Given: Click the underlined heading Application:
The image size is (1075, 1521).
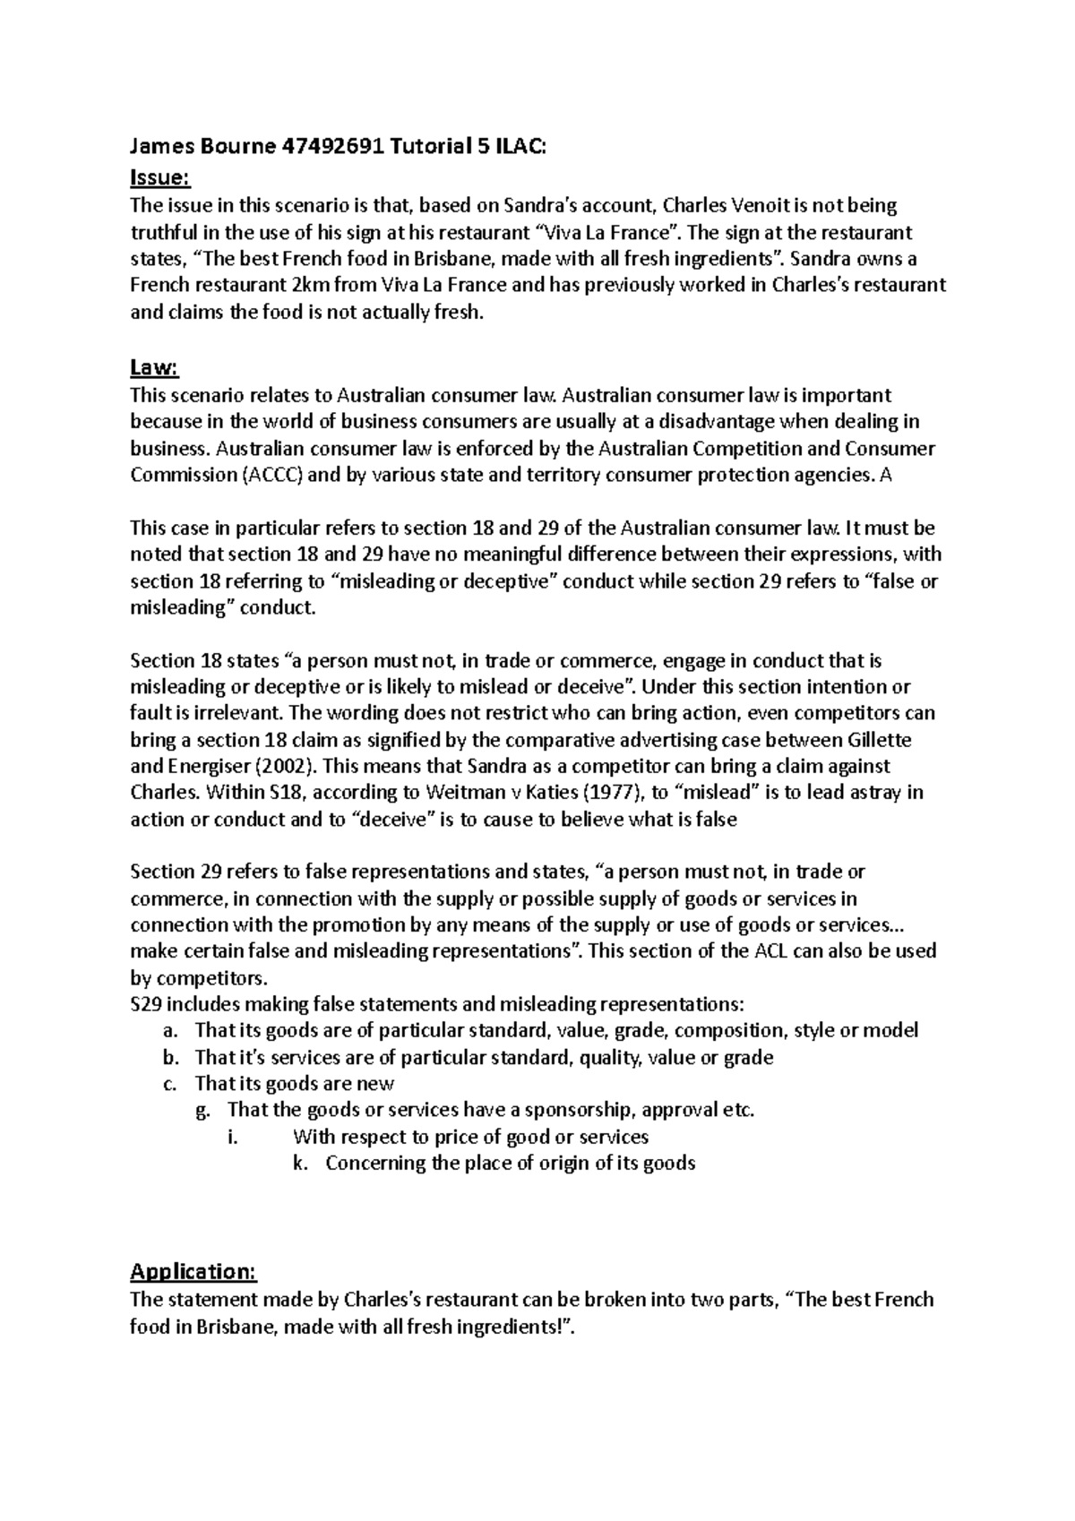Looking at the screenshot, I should click(x=193, y=1272).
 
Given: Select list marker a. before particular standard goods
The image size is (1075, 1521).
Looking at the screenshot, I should click(x=171, y=1031).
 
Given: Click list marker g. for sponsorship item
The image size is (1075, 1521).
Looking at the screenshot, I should click(x=203, y=1111).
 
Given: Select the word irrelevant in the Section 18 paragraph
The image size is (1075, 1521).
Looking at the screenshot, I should click(x=233, y=714).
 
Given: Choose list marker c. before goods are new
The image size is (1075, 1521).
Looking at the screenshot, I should click(x=171, y=1084).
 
